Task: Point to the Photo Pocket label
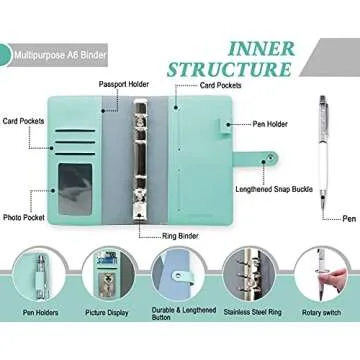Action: point(30,216)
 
